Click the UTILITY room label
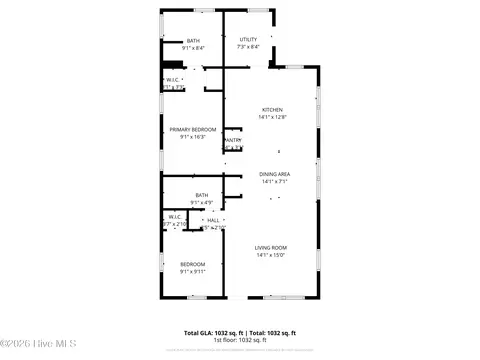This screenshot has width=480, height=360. coord(248,39)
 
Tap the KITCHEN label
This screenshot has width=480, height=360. coord(272,110)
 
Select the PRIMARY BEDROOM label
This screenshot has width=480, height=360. coord(191,129)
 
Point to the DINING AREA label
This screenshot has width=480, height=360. coord(275,174)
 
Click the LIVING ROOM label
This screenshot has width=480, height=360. coord(270,247)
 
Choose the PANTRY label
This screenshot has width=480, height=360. coord(232,140)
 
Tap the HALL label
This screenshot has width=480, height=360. coord(213,219)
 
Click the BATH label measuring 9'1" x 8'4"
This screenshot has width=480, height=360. coord(192,41)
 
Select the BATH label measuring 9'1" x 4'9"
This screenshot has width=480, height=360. coord(202,195)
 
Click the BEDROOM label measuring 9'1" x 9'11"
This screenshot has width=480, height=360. coord(192,264)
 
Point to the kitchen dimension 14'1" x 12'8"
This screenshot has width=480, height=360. coord(272,118)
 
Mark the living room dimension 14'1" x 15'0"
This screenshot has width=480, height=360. coord(270,255)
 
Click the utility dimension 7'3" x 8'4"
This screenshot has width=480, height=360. coord(248,47)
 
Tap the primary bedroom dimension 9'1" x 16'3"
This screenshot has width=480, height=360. coord(191,137)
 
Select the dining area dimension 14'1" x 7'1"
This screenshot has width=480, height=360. coord(275,182)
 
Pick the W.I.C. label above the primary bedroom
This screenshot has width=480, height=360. coord(173,80)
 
